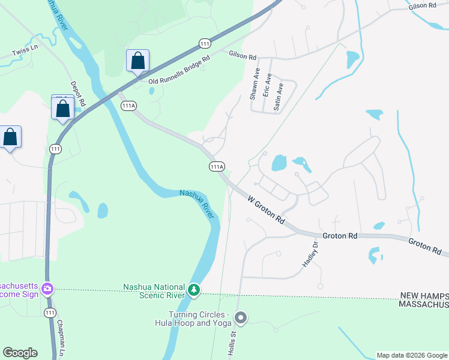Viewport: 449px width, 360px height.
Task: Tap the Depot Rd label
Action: [x=78, y=94]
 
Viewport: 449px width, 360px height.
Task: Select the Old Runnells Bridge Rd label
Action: [x=179, y=70]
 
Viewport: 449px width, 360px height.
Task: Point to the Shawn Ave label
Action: [x=255, y=83]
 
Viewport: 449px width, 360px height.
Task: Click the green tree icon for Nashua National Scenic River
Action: [x=194, y=290]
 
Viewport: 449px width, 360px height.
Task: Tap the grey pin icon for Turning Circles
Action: [x=241, y=317]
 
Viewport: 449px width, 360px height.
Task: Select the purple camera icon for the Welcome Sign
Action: [x=47, y=290]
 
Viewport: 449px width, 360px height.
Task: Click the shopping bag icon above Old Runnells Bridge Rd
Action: [x=137, y=61]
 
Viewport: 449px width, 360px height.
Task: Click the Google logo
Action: [x=20, y=353]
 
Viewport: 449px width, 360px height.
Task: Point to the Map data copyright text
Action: [x=412, y=355]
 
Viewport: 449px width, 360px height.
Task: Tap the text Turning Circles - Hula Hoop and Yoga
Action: [x=198, y=319]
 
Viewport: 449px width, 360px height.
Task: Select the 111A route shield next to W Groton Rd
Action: [x=217, y=166]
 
